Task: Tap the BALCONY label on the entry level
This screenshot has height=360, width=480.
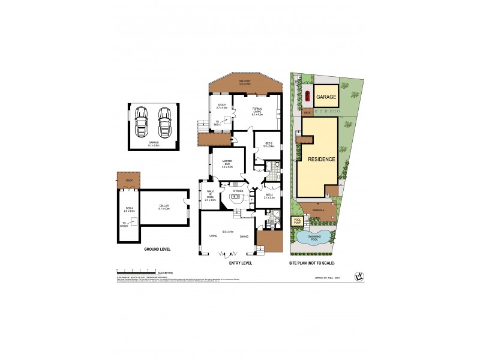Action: click(244, 82)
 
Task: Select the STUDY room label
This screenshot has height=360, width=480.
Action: click(221, 106)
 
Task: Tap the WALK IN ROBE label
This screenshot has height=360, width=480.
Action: click(210, 195)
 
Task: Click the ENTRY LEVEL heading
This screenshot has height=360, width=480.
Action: click(241, 263)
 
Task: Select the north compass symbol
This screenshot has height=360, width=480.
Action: click(358, 276)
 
